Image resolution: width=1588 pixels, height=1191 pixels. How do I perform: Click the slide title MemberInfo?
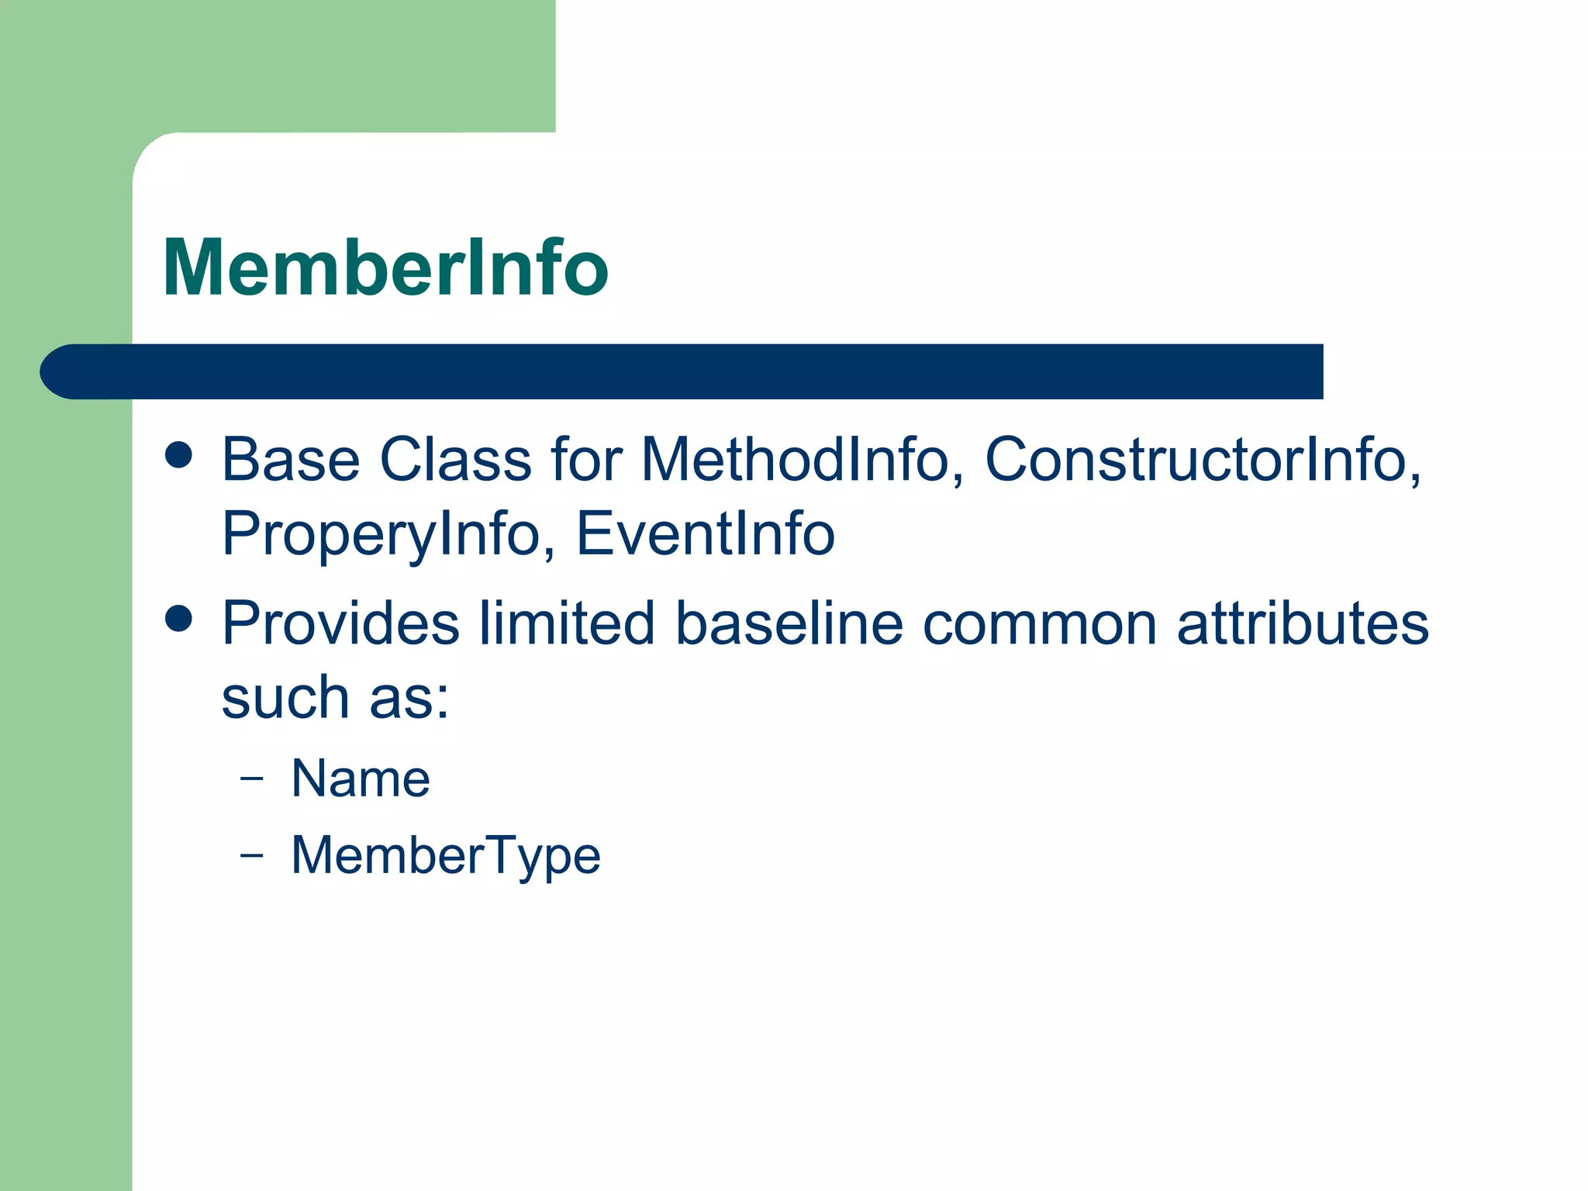(385, 268)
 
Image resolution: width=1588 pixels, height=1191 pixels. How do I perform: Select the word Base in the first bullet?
(291, 460)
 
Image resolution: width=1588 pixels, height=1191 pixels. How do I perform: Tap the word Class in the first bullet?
(455, 460)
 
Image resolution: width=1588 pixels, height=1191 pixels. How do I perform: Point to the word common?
(1040, 624)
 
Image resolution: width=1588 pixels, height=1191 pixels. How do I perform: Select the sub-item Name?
(361, 778)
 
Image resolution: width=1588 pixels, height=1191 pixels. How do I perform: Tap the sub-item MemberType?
(446, 856)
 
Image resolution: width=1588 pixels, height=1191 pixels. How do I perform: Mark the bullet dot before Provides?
(179, 619)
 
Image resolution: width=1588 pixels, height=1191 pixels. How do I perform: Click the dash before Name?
(251, 778)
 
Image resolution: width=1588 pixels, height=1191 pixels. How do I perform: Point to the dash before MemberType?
(251, 855)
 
